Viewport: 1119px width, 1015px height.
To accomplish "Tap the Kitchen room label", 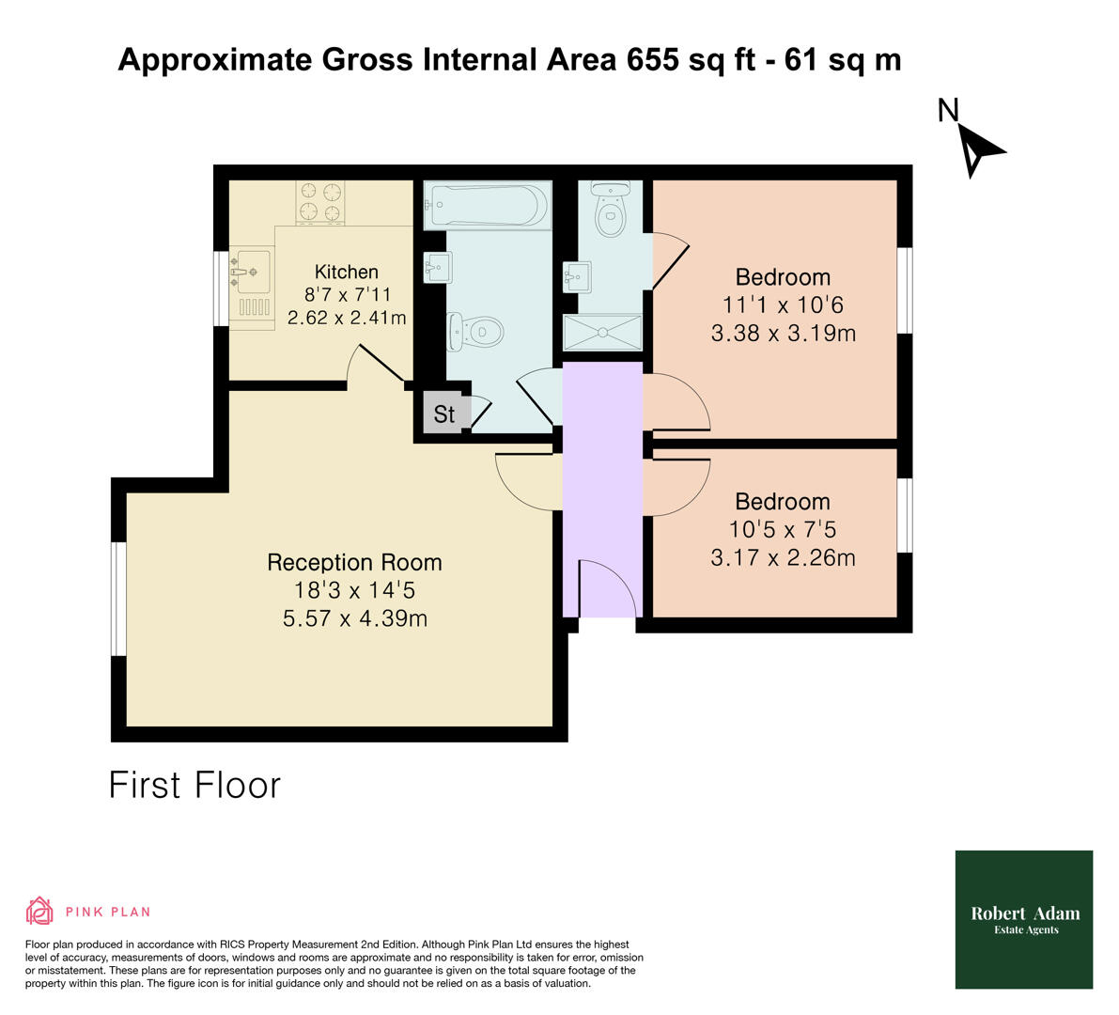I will click(x=347, y=272).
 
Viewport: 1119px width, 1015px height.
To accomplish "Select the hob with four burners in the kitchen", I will click(x=320, y=202).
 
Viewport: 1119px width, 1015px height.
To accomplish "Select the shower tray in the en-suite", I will click(x=602, y=333).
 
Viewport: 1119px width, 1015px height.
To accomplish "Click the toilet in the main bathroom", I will click(x=478, y=330).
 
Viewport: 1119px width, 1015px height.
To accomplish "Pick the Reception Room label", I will click(x=354, y=562).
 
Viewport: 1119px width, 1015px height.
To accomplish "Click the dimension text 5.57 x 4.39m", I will click(x=354, y=618).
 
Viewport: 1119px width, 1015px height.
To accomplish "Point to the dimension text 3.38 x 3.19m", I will click(x=783, y=333).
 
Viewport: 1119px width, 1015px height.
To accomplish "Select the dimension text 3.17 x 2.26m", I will click(x=783, y=557).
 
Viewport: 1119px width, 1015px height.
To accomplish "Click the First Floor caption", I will click(x=194, y=785).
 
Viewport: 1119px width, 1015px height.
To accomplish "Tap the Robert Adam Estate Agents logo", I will click(x=1024, y=919).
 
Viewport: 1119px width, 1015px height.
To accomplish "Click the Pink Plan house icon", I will click(x=39, y=911).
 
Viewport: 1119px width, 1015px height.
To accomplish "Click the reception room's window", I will click(x=119, y=599).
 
